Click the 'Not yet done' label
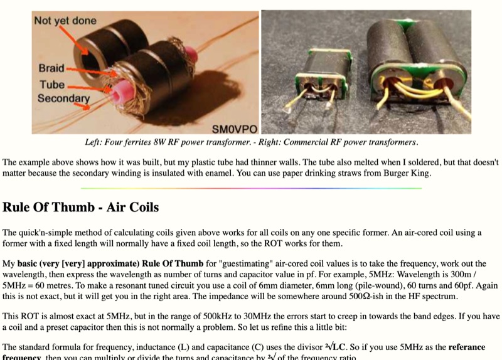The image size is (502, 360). coord(65,21)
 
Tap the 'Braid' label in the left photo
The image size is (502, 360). coord(51,68)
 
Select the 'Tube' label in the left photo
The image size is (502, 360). coord(51,84)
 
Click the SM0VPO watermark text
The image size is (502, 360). coord(234,129)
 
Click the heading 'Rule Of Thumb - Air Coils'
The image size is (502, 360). coord(80,207)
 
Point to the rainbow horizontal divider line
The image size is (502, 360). coord(251,188)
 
